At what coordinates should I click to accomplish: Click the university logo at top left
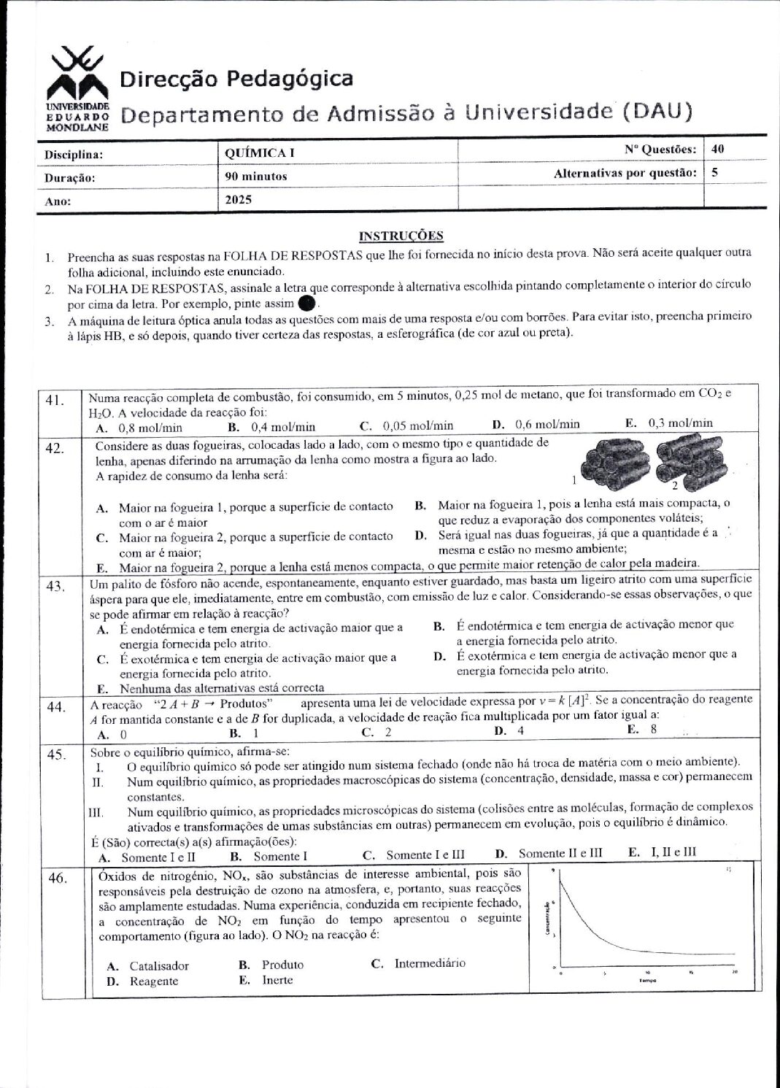pos(77,88)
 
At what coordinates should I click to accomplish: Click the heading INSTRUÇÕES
pos(401,236)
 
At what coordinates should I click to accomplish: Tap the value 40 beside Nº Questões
pos(718,149)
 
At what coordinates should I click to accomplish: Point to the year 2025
pos(239,199)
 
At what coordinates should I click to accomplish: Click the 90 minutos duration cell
pos(256,176)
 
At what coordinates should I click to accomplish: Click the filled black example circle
pos(307,302)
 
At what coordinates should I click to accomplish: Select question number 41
pos(55,400)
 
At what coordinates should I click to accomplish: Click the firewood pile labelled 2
pos(690,460)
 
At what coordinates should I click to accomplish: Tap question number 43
pos(55,587)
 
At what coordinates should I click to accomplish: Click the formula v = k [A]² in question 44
pos(565,701)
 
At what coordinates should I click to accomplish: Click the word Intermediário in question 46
pos(430,963)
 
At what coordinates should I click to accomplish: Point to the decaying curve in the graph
pos(584,919)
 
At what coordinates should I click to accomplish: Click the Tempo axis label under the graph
pos(647,981)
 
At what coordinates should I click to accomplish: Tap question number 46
pos(58,878)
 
